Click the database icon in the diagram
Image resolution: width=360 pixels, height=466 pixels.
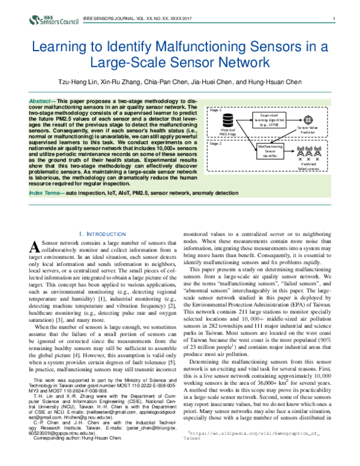coord(228,118)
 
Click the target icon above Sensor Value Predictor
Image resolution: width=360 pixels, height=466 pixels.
coord(308,119)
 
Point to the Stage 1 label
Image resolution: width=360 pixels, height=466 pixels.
coord(214,111)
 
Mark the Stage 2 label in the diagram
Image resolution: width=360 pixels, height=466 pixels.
coord(214,144)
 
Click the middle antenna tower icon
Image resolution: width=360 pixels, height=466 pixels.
coord(308,151)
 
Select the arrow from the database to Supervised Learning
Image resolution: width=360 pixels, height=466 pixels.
coord(243,120)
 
